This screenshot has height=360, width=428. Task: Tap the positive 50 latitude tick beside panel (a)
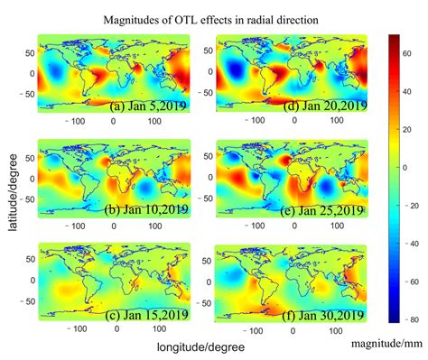tap(28, 53)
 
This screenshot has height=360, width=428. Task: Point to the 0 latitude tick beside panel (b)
tap(31, 178)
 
